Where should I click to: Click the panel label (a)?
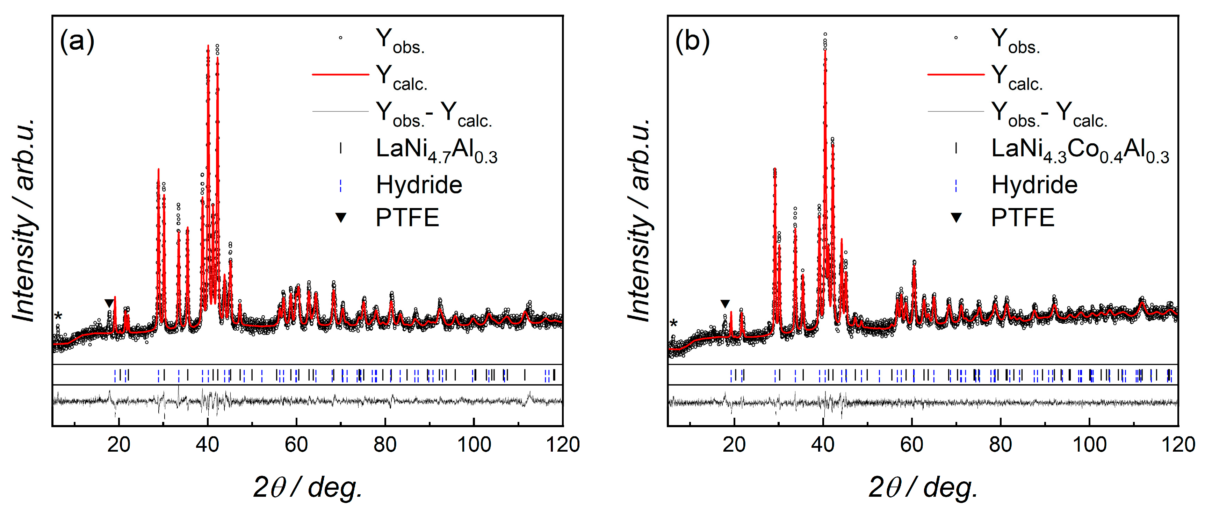[77, 41]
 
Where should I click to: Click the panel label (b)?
[692, 41]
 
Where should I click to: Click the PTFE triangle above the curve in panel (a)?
[109, 303]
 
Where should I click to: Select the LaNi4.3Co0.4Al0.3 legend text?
[1080, 150]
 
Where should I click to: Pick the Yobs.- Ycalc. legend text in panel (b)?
[1049, 113]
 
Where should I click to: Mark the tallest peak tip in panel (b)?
[825, 35]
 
